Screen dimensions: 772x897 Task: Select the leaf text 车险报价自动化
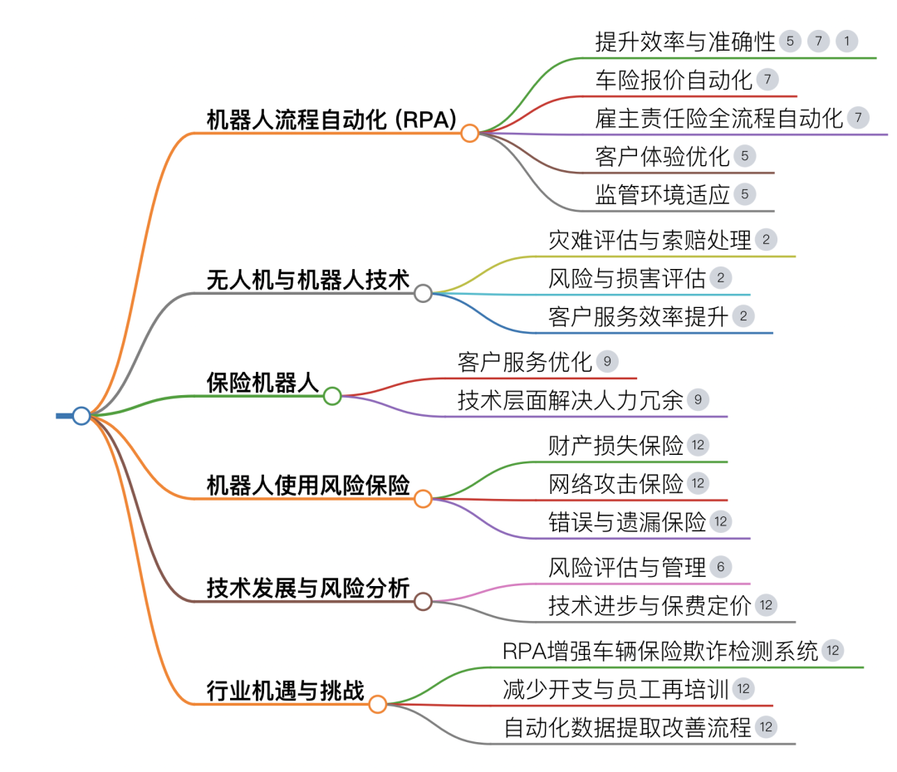point(674,81)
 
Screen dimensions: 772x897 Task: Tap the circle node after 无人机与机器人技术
point(423,293)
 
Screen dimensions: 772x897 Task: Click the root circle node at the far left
point(81,416)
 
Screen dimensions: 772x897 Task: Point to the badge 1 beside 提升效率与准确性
point(846,42)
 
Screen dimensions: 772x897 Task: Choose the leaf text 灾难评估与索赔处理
point(649,241)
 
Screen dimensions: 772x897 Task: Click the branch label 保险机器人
point(262,384)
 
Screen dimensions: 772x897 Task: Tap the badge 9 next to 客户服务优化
point(608,362)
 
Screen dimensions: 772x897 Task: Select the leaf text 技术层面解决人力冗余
point(570,400)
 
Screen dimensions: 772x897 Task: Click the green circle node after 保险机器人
point(332,396)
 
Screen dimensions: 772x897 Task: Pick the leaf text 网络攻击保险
point(615,483)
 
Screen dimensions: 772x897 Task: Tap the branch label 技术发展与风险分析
point(307,589)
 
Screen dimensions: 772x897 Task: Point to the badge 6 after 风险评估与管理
point(720,568)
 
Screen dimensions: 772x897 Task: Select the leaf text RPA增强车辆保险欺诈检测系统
point(660,650)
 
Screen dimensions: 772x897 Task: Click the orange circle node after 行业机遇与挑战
point(378,705)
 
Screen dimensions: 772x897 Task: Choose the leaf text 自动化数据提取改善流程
point(627,728)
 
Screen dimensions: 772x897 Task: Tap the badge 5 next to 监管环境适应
point(744,195)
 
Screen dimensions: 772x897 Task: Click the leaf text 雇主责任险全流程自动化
point(719,118)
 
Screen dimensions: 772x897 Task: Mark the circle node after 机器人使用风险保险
point(423,499)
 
